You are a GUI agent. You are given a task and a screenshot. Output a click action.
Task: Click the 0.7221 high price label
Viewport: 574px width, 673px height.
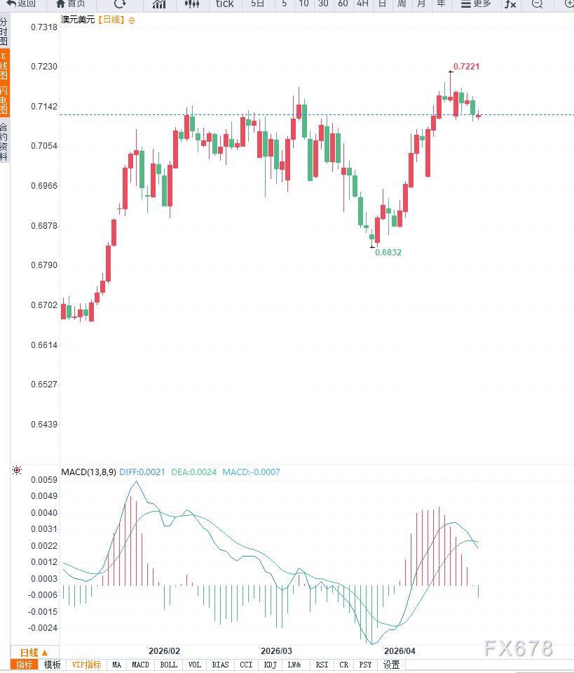click(466, 67)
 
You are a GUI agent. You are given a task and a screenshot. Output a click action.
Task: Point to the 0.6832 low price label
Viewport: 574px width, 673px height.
click(388, 252)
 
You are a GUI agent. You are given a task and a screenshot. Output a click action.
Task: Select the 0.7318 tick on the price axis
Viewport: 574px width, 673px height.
click(44, 27)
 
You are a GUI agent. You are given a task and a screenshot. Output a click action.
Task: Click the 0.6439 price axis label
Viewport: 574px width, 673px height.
click(44, 425)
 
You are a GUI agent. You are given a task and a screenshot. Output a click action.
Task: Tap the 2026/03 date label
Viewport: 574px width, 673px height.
click(277, 651)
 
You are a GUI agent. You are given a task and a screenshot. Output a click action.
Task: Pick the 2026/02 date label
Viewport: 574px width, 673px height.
click(164, 651)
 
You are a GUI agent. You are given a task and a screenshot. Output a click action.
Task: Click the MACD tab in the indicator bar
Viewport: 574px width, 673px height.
click(140, 665)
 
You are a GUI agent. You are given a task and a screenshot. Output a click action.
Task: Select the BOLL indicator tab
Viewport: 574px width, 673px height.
click(168, 665)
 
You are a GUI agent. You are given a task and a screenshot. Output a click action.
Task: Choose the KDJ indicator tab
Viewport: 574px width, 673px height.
click(270, 665)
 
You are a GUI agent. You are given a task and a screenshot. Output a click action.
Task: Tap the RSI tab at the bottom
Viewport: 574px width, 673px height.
click(321, 665)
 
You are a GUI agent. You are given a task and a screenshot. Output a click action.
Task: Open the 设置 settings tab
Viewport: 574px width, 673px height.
click(391, 665)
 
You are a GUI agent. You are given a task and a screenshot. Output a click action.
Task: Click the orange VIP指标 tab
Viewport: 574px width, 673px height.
click(87, 665)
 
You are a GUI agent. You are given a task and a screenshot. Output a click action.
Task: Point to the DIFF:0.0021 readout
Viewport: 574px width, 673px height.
click(142, 472)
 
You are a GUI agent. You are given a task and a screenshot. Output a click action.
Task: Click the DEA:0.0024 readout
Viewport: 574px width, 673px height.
click(194, 472)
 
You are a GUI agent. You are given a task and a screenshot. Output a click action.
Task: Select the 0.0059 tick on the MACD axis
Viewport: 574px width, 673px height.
click(44, 480)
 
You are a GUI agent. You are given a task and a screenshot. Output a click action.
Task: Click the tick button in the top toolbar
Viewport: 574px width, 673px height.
click(224, 4)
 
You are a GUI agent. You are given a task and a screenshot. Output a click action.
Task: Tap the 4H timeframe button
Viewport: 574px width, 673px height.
click(362, 4)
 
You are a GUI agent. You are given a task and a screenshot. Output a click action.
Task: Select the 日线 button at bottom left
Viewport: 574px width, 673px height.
click(34, 652)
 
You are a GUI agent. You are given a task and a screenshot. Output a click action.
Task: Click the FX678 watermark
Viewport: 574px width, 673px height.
click(518, 648)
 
